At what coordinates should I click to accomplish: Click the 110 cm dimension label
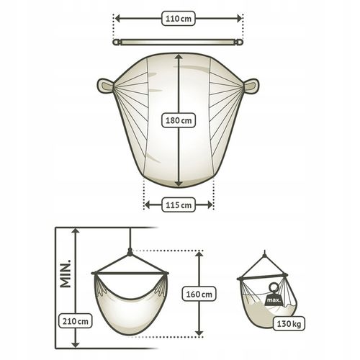[179, 19]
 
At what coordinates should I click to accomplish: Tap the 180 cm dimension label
[179, 120]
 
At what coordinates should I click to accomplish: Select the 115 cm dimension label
[179, 205]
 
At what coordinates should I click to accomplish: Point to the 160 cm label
[199, 294]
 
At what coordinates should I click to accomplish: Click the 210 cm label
[76, 320]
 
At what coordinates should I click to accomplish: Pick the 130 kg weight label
[289, 324]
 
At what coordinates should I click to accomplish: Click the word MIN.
[66, 274]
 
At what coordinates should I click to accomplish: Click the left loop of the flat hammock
[105, 86]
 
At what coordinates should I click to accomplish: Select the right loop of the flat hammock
[251, 86]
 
